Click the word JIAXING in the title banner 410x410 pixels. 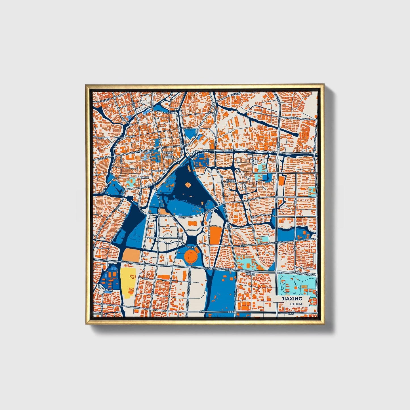point(291,299)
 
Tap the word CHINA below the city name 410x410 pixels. point(296,304)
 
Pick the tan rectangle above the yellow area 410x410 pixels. point(131,254)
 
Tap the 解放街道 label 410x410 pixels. point(169,156)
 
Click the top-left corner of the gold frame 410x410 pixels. point(86,85)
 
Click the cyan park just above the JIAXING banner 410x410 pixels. point(295,285)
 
